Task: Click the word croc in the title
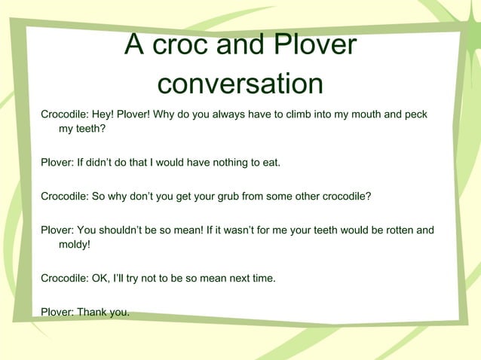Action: (x=179, y=46)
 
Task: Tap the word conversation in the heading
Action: (x=240, y=84)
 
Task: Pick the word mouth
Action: (x=363, y=114)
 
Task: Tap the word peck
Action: (x=415, y=114)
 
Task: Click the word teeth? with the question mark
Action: (x=87, y=129)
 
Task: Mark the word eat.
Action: (x=271, y=163)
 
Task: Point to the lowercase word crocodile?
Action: (x=343, y=197)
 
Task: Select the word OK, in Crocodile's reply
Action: (x=104, y=279)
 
